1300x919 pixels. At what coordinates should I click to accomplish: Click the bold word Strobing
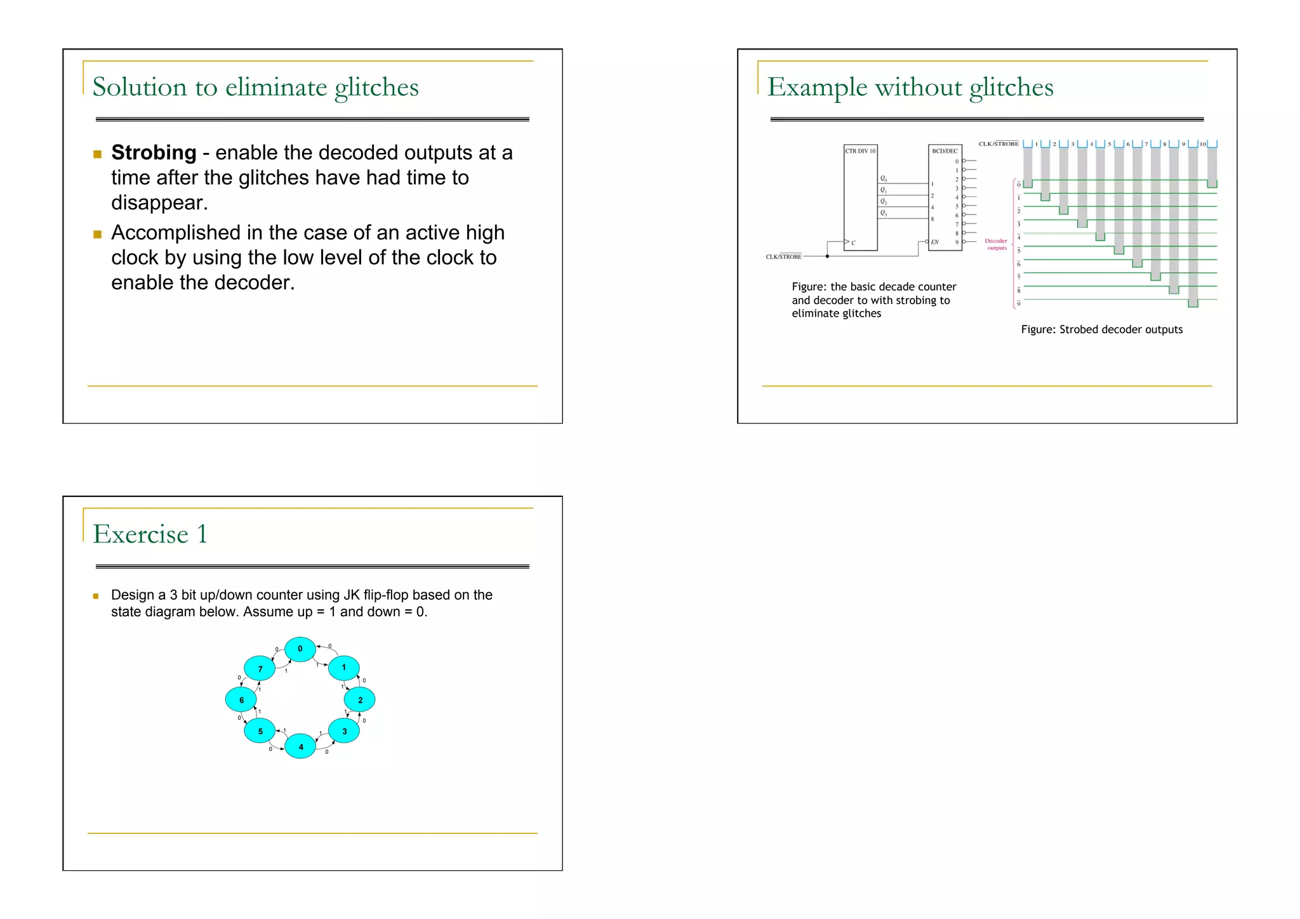154,153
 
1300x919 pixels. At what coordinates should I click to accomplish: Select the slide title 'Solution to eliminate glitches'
255,88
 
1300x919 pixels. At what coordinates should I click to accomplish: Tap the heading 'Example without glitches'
910,88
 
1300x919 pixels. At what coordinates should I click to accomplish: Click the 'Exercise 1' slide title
150,534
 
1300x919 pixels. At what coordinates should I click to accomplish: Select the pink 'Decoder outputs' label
996,244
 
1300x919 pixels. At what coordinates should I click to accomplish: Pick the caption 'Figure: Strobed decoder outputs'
1101,329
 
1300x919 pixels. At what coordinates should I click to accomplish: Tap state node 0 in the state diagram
300,649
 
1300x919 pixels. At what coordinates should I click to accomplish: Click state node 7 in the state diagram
260,669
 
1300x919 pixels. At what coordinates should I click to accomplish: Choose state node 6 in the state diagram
241,700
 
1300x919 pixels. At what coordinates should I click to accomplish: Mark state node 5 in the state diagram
260,731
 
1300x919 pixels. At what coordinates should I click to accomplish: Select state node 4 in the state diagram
300,746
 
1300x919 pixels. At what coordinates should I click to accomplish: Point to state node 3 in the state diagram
344,731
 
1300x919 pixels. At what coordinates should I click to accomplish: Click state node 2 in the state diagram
360,700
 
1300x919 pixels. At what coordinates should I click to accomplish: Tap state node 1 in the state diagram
344,668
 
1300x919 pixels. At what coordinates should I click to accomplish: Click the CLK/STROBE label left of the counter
783,256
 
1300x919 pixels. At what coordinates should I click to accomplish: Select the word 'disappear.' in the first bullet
159,203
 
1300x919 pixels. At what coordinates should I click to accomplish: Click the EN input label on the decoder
935,242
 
